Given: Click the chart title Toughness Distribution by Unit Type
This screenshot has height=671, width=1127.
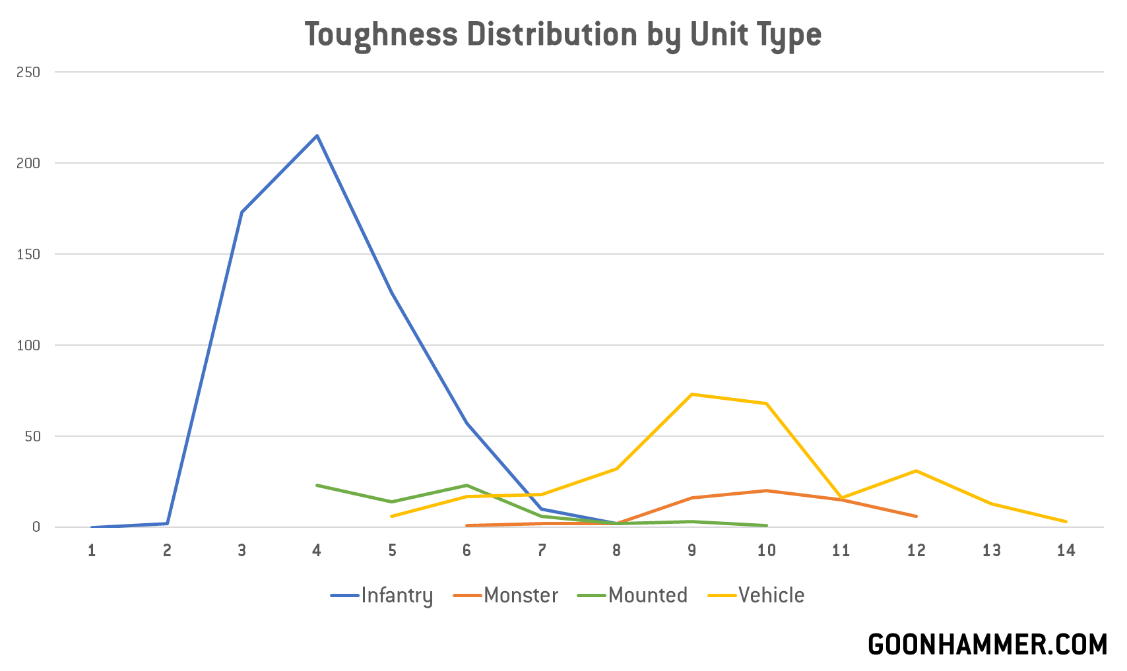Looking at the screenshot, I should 563,35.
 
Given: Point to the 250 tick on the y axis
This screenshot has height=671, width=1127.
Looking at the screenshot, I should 28,72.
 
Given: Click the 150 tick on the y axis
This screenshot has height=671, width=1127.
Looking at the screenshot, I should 28,254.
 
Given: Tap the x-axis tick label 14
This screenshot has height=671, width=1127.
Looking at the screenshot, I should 1066,550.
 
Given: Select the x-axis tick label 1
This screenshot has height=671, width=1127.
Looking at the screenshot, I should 92,550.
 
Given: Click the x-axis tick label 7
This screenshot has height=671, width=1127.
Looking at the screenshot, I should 542,550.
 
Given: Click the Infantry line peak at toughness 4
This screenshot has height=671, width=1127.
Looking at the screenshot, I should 317,136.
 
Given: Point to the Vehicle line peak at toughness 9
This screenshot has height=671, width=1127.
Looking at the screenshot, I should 692,395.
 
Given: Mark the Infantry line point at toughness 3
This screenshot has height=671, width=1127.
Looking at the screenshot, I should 242,212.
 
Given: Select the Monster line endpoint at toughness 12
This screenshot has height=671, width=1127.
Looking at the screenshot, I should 916,516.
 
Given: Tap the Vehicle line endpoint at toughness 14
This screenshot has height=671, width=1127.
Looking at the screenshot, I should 1066,522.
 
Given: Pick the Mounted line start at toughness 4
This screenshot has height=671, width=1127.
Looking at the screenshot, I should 317,485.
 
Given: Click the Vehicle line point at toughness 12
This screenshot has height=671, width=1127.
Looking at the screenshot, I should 916,470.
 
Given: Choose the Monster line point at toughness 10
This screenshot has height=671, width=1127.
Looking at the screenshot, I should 766,491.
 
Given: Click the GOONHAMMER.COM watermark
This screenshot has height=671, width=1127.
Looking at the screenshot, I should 987,645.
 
